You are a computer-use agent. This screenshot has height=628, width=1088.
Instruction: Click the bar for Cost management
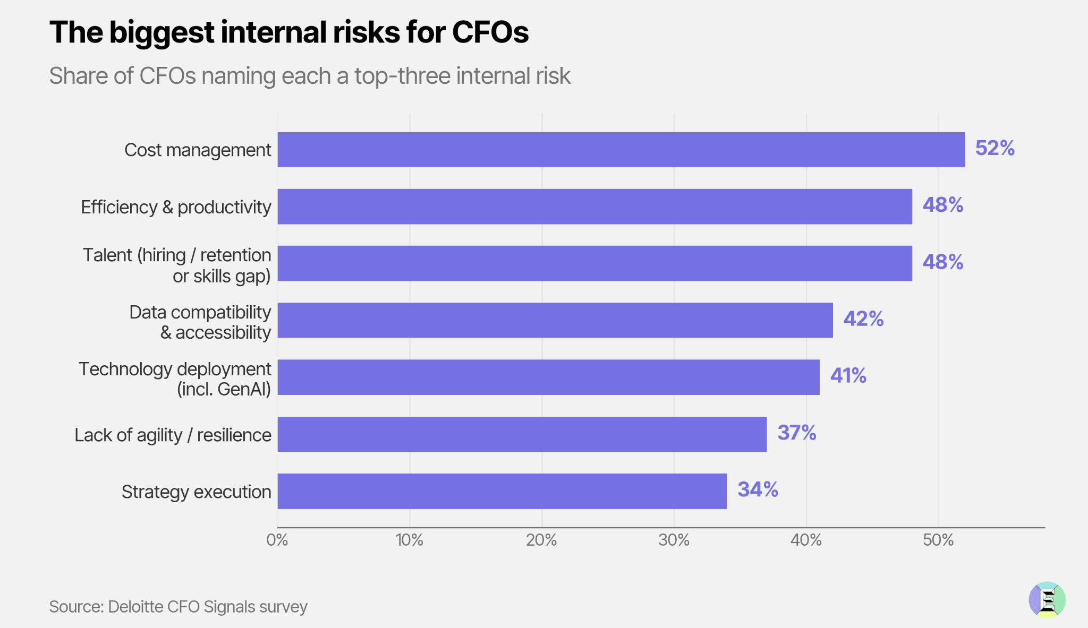[x=621, y=150]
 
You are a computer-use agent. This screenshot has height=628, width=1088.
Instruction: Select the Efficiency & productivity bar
[x=594, y=207]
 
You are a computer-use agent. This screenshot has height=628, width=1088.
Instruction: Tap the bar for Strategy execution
[x=502, y=491]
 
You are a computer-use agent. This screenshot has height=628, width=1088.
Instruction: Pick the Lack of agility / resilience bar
[x=522, y=434]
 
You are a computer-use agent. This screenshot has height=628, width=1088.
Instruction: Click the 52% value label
[x=995, y=148]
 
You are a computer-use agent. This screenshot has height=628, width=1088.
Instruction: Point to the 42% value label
[x=863, y=319]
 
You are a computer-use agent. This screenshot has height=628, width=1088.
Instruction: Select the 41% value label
[x=848, y=376]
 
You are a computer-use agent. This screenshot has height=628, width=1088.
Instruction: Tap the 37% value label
[x=797, y=433]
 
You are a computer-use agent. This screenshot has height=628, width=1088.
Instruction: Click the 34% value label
[x=758, y=489]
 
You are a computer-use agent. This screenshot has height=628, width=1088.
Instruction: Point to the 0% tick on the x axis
[x=277, y=540]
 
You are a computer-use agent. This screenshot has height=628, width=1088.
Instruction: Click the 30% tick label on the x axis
[x=674, y=540]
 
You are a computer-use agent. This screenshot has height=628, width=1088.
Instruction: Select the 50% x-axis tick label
[x=938, y=540]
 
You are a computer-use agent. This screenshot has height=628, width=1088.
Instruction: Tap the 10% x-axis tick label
[x=410, y=540]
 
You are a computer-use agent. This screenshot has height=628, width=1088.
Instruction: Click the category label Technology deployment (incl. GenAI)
[x=175, y=379]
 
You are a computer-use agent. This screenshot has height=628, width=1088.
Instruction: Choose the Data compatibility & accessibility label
[x=200, y=322]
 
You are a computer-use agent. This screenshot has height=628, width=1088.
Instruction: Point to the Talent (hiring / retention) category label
[x=177, y=265]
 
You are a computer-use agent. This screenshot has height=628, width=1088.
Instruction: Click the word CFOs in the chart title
[x=490, y=32]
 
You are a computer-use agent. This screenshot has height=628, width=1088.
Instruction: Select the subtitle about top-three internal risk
[x=310, y=76]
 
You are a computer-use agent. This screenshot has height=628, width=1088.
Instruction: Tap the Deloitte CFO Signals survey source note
[x=178, y=607]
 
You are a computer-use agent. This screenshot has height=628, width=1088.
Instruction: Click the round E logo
[x=1047, y=600]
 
